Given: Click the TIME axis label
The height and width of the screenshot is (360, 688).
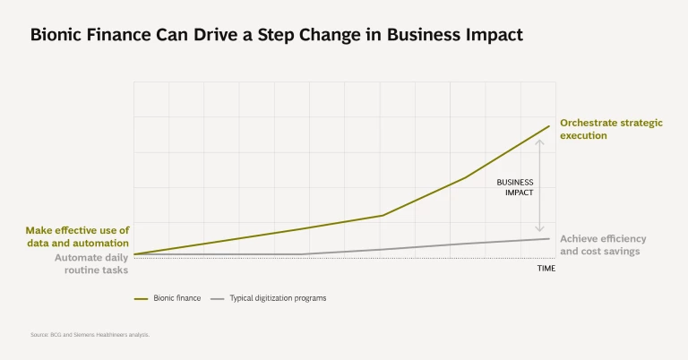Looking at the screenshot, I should pos(546,269).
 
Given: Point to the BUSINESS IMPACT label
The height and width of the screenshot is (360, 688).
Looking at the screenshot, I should pos(515,187).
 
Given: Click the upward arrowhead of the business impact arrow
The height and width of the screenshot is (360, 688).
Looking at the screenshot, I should pos(540,141).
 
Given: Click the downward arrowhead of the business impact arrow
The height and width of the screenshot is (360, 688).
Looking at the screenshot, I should pos(540,230).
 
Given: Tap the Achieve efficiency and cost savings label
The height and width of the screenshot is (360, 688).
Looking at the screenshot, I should pos(603,245).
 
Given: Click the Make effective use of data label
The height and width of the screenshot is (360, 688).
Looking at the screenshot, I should pos(77,236).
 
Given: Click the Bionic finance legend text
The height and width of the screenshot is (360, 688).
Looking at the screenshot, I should pos(176,298).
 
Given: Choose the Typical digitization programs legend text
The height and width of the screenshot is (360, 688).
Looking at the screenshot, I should pos(278,298).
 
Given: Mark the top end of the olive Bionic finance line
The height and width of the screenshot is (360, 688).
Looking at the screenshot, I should pos(549,126).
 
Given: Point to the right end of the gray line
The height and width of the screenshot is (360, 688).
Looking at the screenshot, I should pos(549,238).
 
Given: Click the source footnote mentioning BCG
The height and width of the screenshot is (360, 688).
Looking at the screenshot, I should pos(90,334).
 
